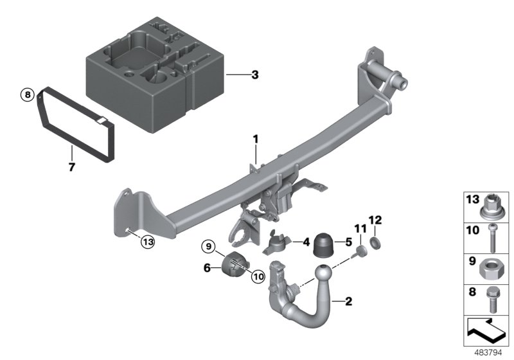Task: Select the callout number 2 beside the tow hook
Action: pyautogui.click(x=349, y=300)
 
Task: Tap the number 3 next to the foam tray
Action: pyautogui.click(x=254, y=75)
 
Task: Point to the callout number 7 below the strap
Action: pyautogui.click(x=71, y=167)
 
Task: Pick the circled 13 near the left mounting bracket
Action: pyautogui.click(x=148, y=242)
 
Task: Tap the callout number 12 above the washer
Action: pyautogui.click(x=376, y=221)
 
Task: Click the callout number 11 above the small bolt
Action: pyautogui.click(x=359, y=228)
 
